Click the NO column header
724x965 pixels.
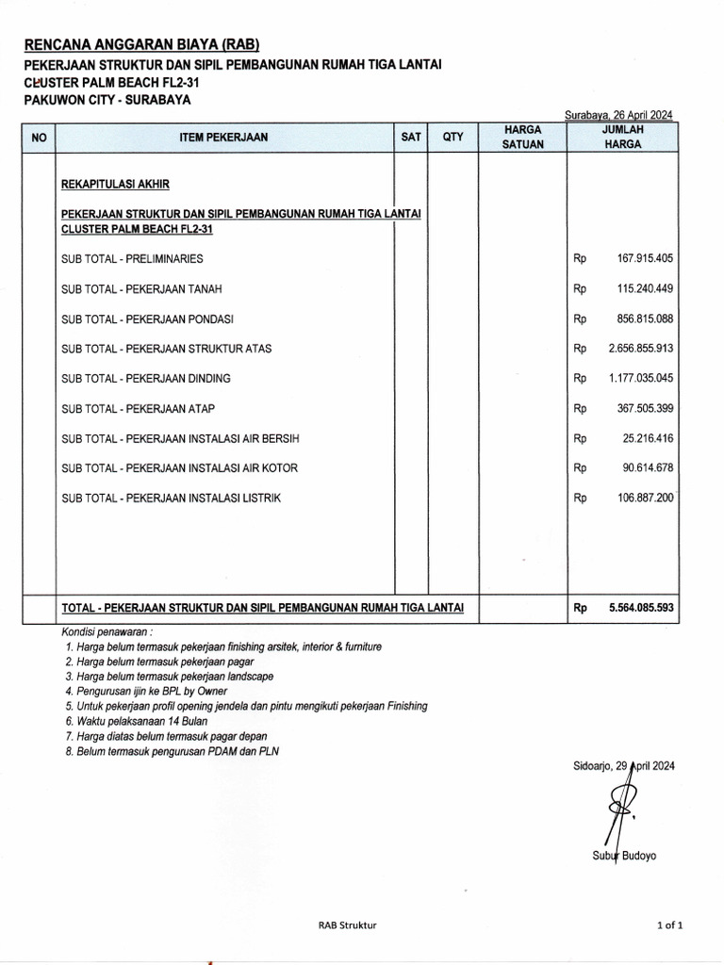click(39, 138)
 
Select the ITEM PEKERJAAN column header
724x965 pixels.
click(223, 138)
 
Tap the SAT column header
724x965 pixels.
click(411, 138)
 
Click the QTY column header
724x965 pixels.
click(453, 138)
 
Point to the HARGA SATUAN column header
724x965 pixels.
click(522, 137)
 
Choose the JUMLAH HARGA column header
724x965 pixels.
click(622, 137)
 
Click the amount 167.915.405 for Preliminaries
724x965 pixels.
click(645, 258)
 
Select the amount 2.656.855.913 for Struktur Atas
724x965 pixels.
click(641, 349)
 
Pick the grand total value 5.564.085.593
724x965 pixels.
click(641, 609)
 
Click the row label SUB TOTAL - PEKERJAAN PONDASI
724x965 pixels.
click(147, 319)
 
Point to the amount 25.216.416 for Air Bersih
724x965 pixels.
click(647, 438)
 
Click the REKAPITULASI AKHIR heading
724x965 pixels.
click(116, 184)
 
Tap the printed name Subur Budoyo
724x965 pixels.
click(624, 856)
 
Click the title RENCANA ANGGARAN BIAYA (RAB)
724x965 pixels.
click(140, 44)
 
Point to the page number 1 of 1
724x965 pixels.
click(669, 925)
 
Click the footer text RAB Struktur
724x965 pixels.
click(347, 925)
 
